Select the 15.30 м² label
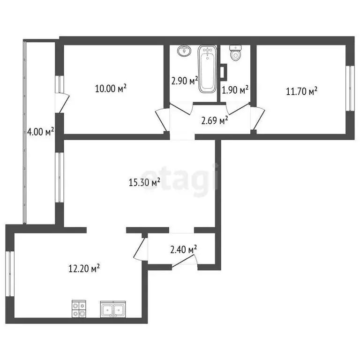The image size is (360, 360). pos(145,182)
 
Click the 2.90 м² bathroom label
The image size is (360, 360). pos(184,81)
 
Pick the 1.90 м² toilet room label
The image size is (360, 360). pos(235,90)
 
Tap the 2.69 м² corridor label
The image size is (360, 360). pos(215,121)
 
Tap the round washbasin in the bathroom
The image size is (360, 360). pos(185,51)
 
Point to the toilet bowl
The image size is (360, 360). pos(236,53)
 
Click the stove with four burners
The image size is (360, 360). pos(78,309)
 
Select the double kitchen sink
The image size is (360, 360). pos(112,309)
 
